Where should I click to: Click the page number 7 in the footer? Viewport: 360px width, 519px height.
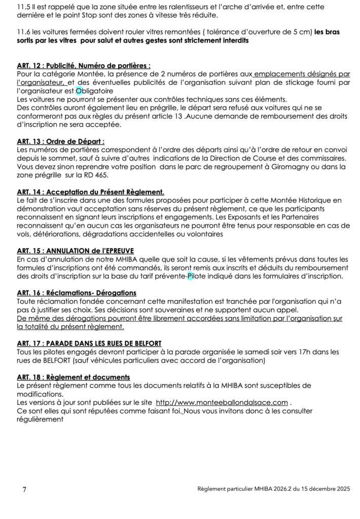25,490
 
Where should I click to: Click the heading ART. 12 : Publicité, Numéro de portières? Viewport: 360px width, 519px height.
84,65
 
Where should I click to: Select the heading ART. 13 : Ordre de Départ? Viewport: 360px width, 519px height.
64,141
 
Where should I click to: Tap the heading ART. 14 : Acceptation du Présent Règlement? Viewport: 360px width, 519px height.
90,192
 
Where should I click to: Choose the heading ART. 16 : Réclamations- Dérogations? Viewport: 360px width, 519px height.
77,293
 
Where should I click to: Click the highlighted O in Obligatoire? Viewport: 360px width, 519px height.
78,91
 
